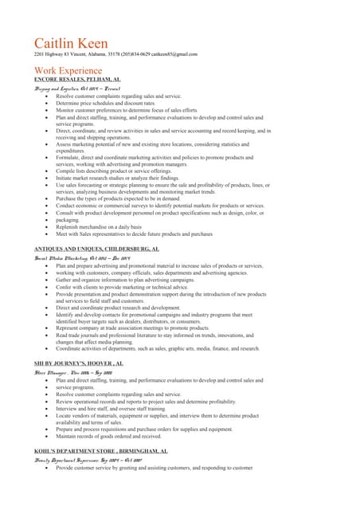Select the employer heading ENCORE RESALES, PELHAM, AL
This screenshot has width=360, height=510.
(x=77, y=80)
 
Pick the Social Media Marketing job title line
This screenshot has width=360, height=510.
(x=76, y=258)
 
